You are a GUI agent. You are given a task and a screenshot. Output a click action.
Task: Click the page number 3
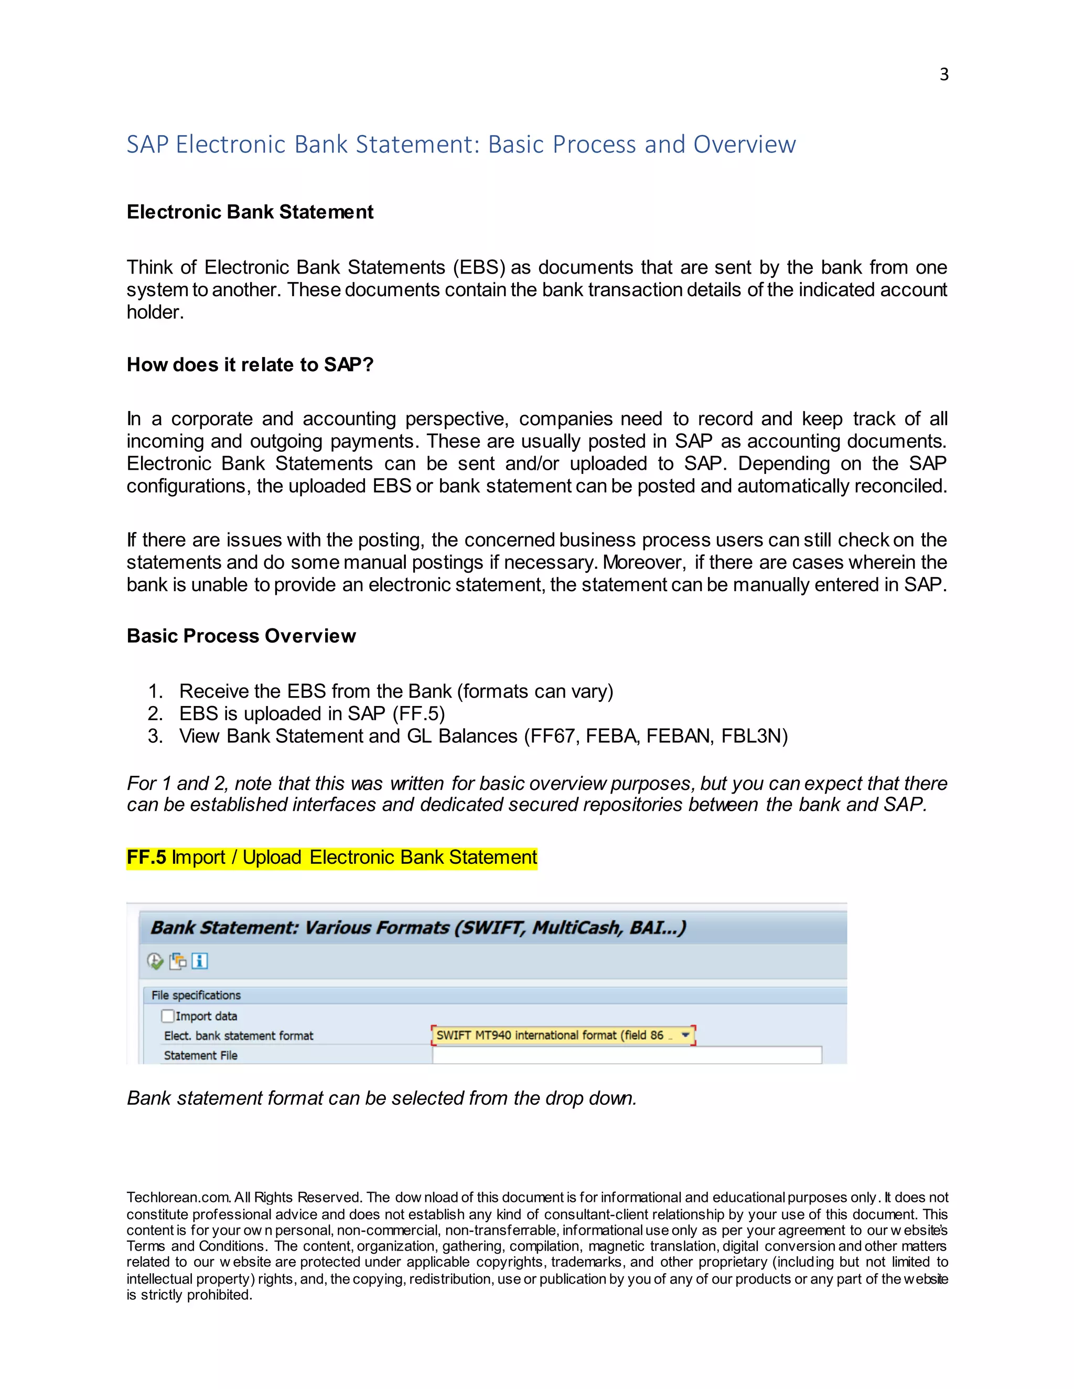click(943, 75)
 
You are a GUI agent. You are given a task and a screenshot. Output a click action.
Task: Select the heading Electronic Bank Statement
click(250, 212)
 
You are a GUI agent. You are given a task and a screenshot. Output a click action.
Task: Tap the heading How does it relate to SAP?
click(250, 364)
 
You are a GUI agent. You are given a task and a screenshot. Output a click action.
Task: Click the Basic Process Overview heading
click(241, 636)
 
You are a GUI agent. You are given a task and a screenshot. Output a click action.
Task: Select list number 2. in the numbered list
click(155, 713)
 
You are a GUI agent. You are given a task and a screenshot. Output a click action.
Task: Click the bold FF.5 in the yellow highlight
click(146, 858)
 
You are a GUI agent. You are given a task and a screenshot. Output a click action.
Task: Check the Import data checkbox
click(168, 1016)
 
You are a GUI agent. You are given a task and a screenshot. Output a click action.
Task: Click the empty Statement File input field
click(627, 1055)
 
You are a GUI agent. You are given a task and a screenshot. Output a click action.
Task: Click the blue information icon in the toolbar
click(200, 961)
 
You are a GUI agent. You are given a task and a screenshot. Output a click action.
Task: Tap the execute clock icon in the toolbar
click(155, 961)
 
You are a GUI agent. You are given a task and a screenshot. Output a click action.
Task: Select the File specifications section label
click(196, 995)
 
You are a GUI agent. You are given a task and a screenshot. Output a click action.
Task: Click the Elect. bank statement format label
click(239, 1035)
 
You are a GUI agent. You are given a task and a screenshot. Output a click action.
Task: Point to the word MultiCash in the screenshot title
click(576, 928)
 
